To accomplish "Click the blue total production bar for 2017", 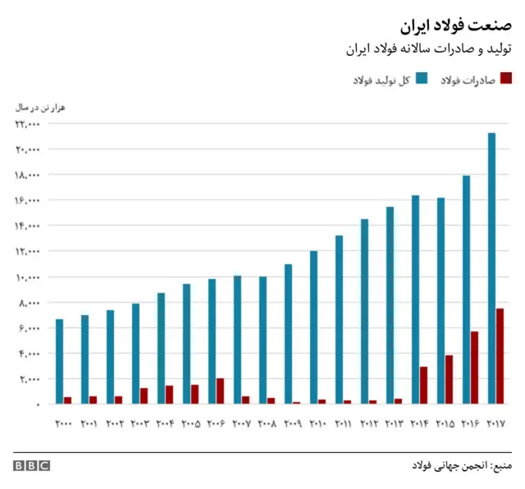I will (x=491, y=268).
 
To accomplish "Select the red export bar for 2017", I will (x=500, y=356).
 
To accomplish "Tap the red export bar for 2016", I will (x=475, y=368).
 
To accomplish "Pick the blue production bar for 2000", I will (x=59, y=361).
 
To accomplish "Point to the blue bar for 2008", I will (x=262, y=340).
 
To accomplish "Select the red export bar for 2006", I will (x=220, y=391).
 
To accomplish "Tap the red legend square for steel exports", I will (x=506, y=79).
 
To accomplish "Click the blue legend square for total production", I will (x=422, y=79).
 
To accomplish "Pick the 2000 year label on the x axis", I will (x=63, y=423).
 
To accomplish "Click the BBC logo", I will (x=31, y=465).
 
